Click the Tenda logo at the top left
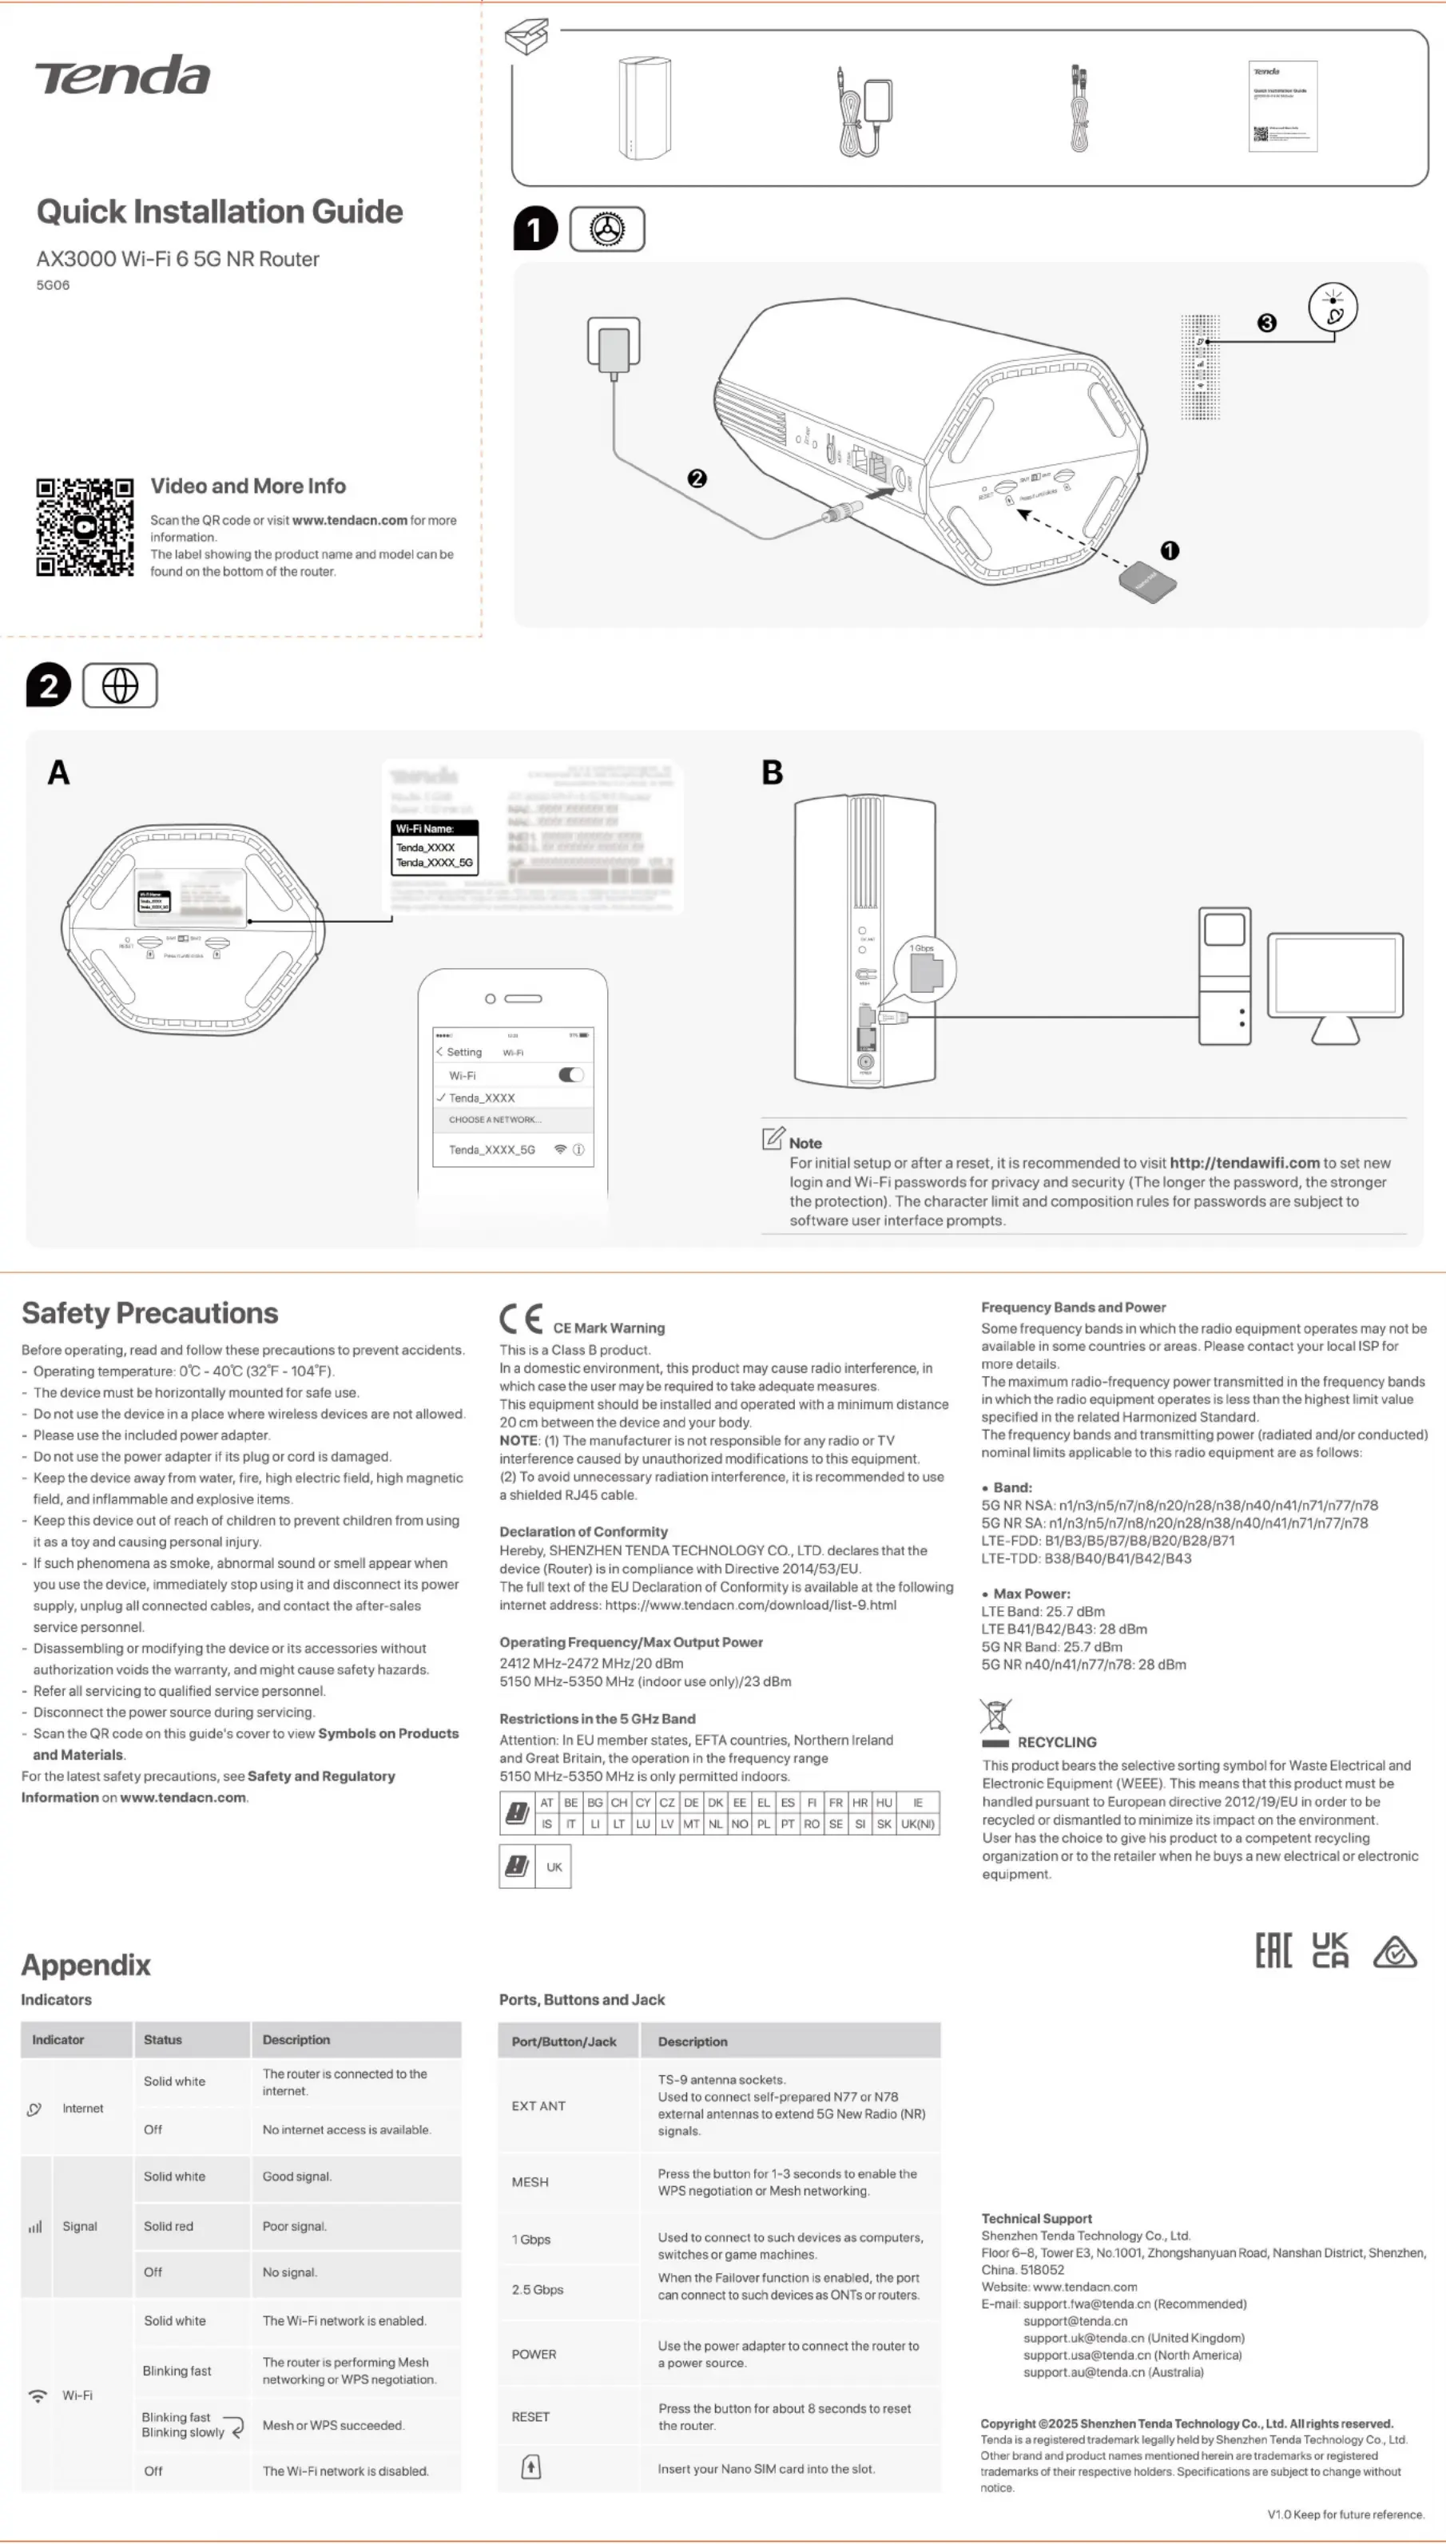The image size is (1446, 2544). pos(123,75)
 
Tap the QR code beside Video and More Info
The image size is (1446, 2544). pos(85,527)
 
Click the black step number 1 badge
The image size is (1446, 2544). pos(534,229)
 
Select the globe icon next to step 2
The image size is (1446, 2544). pos(120,686)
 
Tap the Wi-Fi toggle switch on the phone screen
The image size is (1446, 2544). pos(571,1074)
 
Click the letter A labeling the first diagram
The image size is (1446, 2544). pos(58,772)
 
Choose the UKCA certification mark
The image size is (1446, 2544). pos(1330,1951)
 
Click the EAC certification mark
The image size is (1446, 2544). pos(1273,1951)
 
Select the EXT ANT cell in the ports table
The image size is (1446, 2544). pos(538,2106)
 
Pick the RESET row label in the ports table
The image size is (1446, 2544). pos(530,2417)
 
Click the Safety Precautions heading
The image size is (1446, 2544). pos(150,1312)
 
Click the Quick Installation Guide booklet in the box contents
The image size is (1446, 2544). pos(1283,106)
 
